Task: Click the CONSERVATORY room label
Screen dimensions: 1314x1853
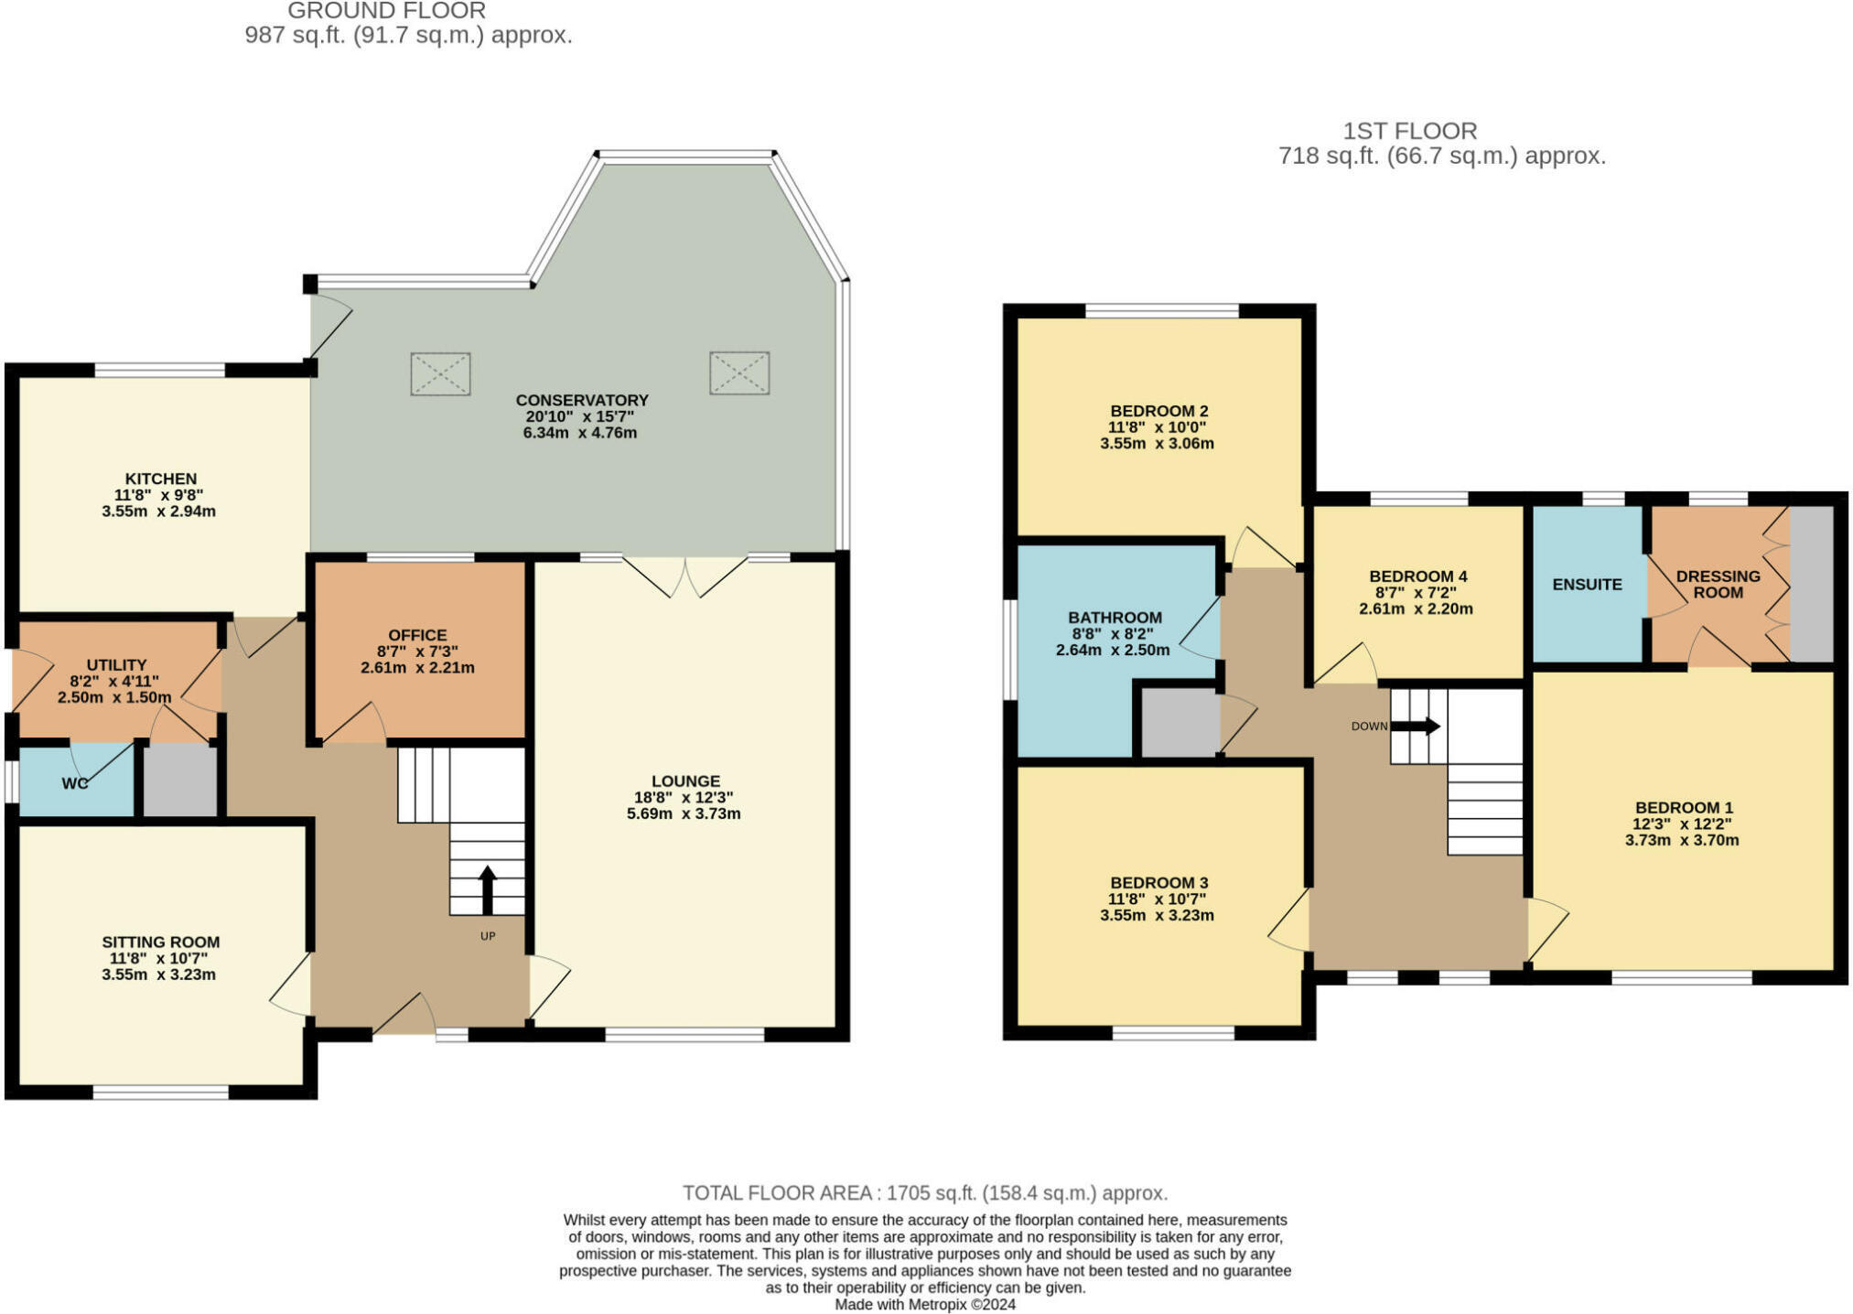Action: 581,400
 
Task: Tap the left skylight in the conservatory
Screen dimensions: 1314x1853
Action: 440,373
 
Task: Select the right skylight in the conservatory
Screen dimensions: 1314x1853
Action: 739,372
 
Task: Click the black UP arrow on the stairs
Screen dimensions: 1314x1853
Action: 487,889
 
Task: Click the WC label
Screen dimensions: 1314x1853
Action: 75,783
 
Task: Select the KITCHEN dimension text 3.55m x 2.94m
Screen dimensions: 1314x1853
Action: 158,512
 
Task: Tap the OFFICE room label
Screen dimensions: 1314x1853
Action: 417,635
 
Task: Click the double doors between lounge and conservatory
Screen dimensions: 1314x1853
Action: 684,576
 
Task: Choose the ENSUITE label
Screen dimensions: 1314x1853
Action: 1587,584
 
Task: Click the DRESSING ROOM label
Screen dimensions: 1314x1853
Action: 1718,584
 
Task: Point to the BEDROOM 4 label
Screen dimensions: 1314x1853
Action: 1417,576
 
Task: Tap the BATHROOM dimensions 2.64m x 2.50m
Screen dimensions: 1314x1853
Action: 1113,651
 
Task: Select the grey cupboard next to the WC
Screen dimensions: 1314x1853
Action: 180,781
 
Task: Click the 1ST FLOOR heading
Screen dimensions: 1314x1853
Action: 1409,131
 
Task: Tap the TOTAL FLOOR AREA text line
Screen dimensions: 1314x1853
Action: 924,1193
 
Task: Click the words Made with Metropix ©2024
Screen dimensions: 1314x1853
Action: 925,1305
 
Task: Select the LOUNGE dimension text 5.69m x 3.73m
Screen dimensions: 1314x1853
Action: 684,813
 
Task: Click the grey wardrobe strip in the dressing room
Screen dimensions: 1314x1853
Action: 1811,583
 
